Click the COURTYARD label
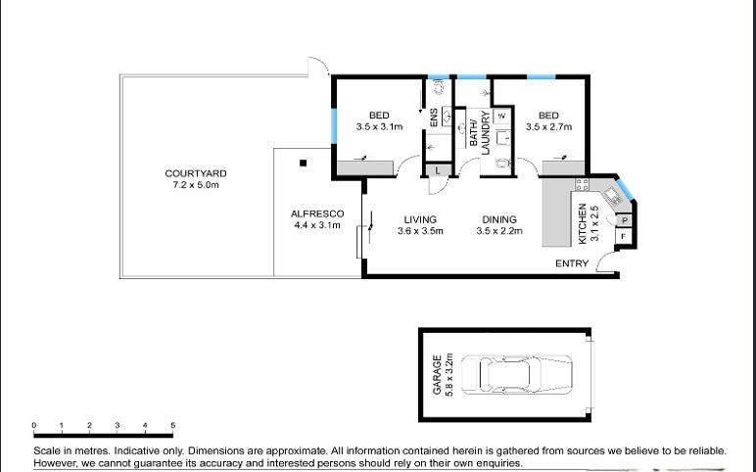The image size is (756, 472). (195, 173)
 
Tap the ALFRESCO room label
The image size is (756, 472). (317, 214)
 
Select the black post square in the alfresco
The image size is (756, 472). (303, 163)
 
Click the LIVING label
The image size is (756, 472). (420, 220)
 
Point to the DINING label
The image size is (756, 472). (499, 220)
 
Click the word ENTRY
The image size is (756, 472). (572, 263)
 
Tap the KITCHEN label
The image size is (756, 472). (583, 223)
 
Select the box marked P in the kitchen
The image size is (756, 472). (625, 220)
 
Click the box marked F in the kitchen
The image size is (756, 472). (624, 236)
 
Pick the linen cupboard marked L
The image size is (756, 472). (438, 170)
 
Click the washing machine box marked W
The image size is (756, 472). (501, 116)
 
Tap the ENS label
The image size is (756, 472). (434, 118)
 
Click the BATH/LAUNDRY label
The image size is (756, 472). (479, 132)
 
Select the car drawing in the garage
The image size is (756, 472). (516, 375)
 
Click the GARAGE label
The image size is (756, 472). (438, 375)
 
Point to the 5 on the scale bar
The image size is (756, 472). (172, 425)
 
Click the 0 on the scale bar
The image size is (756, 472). (33, 425)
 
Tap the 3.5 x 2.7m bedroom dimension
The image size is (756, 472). (548, 127)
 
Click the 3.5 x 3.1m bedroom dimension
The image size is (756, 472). (379, 127)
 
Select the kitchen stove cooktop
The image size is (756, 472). (582, 184)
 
